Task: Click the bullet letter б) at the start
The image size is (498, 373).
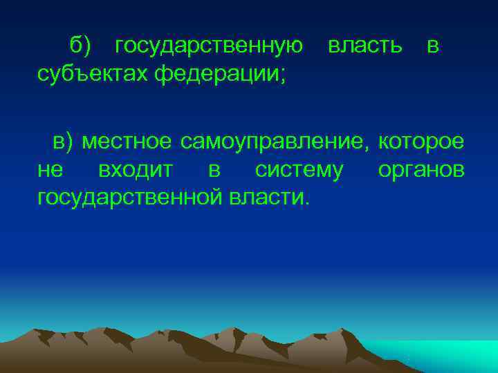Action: (x=80, y=46)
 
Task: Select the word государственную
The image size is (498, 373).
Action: (x=209, y=46)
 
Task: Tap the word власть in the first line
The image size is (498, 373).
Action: (x=365, y=46)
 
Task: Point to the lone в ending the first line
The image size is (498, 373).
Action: (x=432, y=46)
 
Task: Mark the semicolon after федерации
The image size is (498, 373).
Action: (x=282, y=74)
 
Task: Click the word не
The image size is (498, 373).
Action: (x=50, y=170)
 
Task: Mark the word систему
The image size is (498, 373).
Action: (x=298, y=170)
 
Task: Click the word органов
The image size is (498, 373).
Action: (x=421, y=170)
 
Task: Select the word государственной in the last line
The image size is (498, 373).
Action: (x=131, y=198)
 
